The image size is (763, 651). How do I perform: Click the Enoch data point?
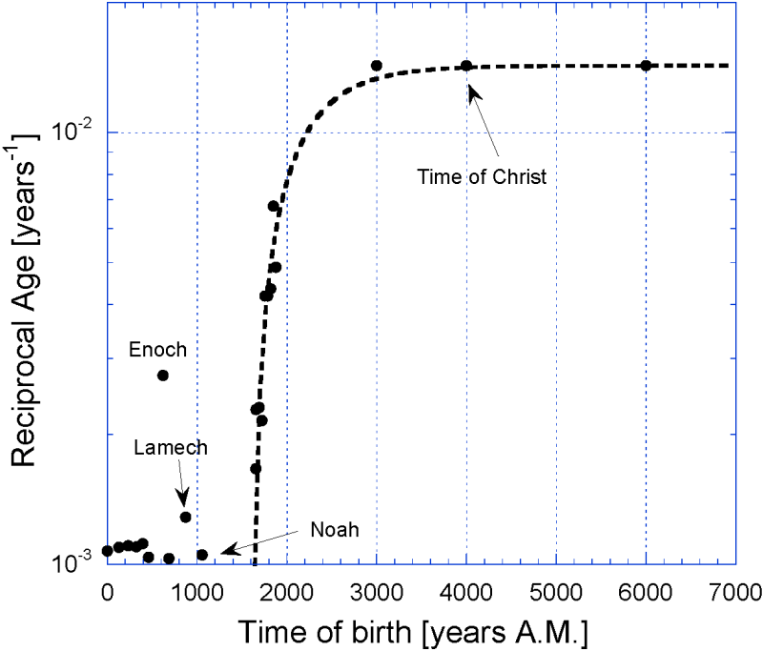pyautogui.click(x=163, y=375)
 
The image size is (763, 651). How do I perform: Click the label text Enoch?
pyautogui.click(x=157, y=350)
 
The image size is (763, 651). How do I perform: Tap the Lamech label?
pyautogui.click(x=170, y=445)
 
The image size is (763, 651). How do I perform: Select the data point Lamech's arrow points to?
pyautogui.click(x=186, y=517)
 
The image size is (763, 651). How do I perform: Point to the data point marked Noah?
pyautogui.click(x=202, y=555)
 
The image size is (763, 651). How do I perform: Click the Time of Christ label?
pyautogui.click(x=482, y=176)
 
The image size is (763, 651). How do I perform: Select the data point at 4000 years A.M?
pyautogui.click(x=466, y=66)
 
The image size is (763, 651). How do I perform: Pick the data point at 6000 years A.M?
pyautogui.click(x=646, y=65)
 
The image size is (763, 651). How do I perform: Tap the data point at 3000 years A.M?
pyautogui.click(x=377, y=66)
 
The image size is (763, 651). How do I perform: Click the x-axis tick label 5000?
pyautogui.click(x=556, y=591)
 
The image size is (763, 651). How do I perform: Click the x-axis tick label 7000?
pyautogui.click(x=735, y=591)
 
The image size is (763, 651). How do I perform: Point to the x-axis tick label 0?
pyautogui.click(x=107, y=591)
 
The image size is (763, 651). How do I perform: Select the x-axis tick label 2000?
pyautogui.click(x=287, y=591)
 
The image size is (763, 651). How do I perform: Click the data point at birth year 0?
pyautogui.click(x=107, y=550)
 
